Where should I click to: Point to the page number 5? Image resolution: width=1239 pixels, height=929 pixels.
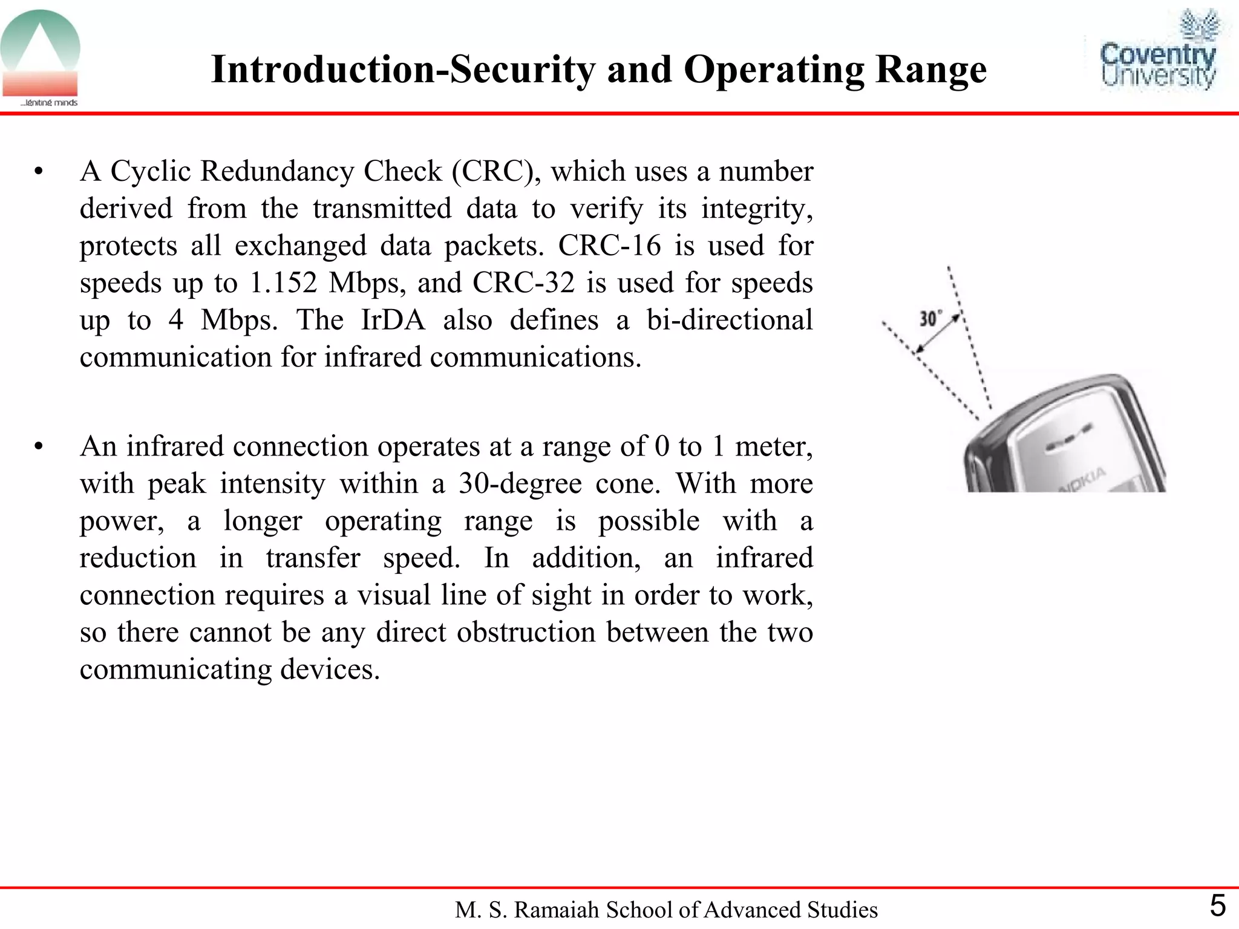(x=1217, y=906)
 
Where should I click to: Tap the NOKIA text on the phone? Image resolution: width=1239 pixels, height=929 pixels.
(x=1083, y=480)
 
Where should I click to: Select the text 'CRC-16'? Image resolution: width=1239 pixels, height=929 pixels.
(x=609, y=246)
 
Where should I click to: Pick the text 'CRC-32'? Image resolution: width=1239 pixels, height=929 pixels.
(x=523, y=282)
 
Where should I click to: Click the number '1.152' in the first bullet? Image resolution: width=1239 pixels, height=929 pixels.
(x=283, y=282)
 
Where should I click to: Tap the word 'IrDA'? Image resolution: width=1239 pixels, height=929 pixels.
(x=393, y=320)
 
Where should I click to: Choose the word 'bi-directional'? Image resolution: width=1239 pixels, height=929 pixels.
(x=730, y=320)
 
